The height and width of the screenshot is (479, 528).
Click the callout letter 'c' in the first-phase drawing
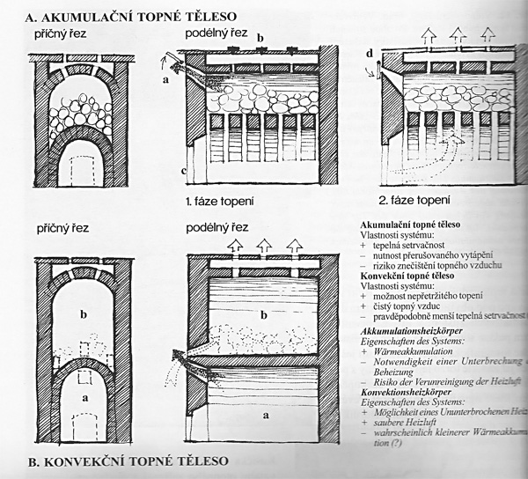(x=181, y=170)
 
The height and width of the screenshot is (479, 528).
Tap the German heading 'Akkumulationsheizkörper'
(x=422, y=329)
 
